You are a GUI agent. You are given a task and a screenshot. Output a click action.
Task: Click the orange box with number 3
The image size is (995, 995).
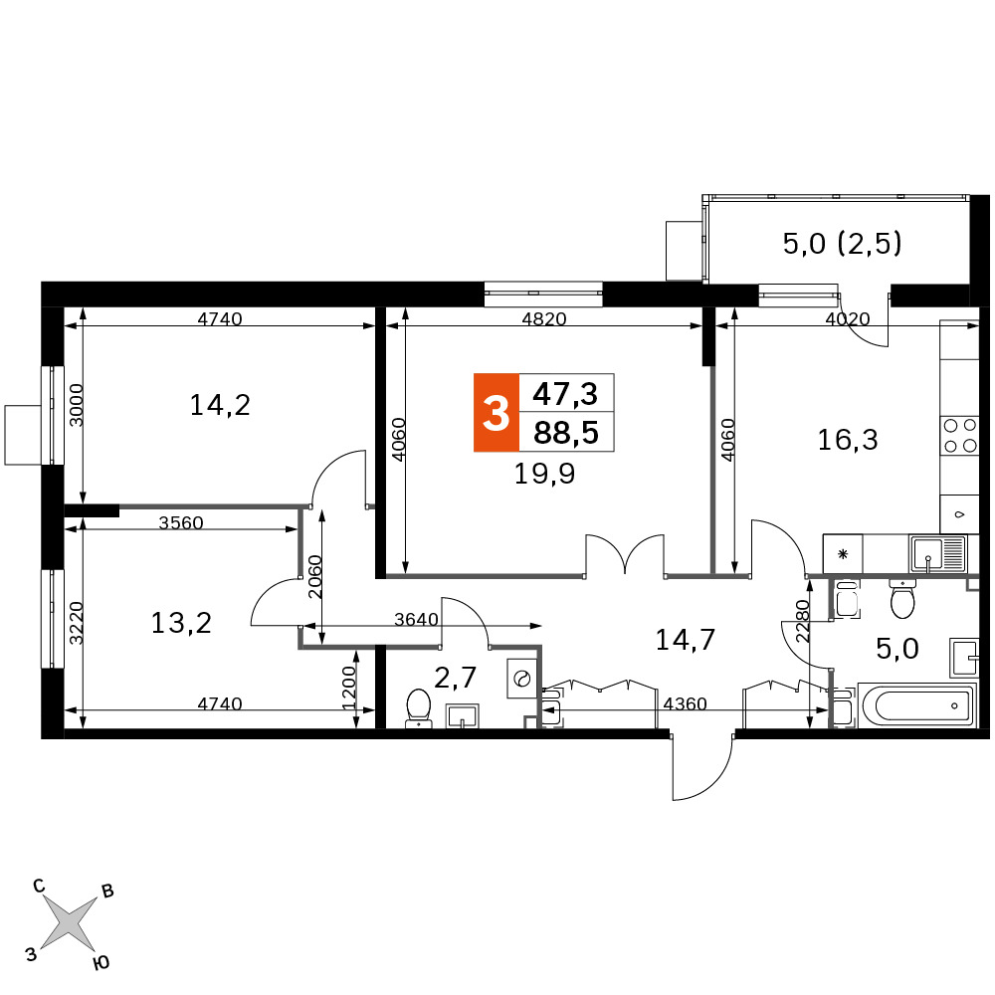coord(497,413)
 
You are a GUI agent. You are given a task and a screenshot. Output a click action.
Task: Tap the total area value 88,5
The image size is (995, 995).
coord(566,433)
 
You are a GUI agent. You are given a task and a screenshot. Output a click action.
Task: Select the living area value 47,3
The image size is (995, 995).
coord(565,394)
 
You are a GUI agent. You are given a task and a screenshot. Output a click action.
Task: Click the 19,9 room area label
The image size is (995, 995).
coord(544,474)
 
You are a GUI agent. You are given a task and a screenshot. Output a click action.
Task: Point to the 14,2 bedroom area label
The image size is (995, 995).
coord(220,405)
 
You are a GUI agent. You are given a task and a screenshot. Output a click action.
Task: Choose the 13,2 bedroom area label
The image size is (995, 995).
coord(181,623)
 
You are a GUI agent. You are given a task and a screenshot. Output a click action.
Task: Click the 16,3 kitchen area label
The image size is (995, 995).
coord(848,439)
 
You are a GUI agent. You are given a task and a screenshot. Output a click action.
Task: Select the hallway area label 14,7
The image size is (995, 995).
coord(686,640)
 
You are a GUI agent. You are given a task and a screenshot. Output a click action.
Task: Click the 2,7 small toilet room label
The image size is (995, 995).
coord(455,678)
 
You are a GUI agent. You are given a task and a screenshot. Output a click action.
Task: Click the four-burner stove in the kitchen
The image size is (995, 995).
coord(959,436)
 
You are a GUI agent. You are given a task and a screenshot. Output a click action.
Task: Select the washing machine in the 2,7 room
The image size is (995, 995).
coord(522,679)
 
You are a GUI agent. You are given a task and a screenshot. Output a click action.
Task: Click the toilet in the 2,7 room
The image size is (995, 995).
coord(418,708)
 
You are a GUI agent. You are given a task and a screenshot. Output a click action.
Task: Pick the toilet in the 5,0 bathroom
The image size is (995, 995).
coord(902,598)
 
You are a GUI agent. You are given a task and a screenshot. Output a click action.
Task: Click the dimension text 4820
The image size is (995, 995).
coord(544,318)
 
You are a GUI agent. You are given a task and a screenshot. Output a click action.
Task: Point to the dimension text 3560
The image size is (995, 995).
coord(181,522)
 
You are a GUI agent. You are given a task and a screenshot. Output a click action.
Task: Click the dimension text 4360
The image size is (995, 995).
coord(685,703)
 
